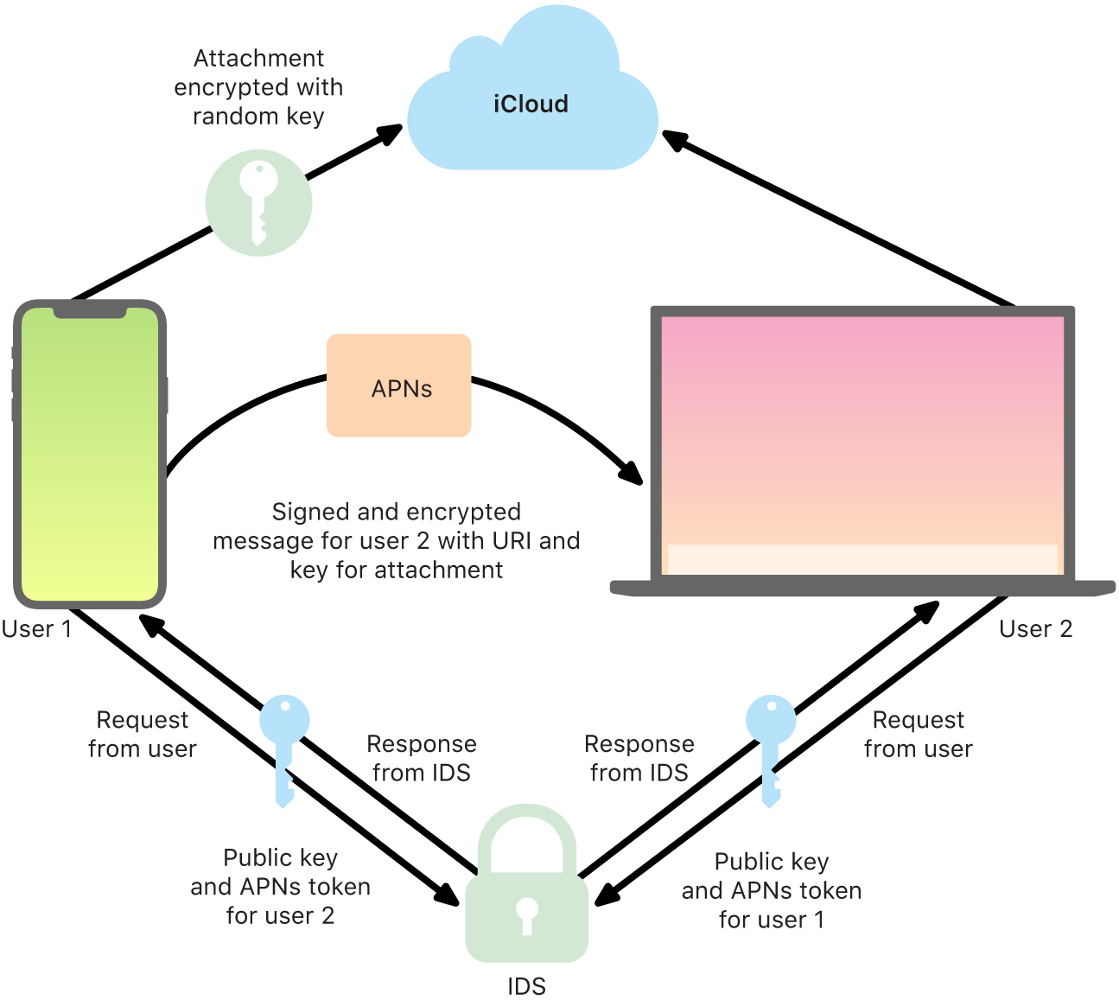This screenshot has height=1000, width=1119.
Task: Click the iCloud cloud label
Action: (x=531, y=105)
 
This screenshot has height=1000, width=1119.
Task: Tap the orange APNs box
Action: (x=399, y=386)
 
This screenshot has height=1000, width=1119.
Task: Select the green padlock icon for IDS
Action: (x=527, y=890)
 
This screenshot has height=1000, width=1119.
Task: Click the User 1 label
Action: (x=36, y=629)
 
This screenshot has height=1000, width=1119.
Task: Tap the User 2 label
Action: (x=1035, y=629)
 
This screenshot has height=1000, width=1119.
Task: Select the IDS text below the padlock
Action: (x=526, y=986)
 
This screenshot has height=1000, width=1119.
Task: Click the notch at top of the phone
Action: (x=90, y=311)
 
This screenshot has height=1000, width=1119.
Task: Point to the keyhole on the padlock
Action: (x=527, y=914)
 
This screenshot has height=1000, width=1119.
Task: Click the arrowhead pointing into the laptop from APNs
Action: (x=633, y=474)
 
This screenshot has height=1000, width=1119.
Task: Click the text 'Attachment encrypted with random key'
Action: (x=258, y=87)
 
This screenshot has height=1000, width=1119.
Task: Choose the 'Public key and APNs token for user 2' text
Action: (x=280, y=887)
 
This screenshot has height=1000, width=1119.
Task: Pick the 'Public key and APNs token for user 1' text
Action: (x=771, y=890)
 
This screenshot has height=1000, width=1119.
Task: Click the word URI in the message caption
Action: (x=512, y=541)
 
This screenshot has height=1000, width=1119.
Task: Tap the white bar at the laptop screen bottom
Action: (x=862, y=558)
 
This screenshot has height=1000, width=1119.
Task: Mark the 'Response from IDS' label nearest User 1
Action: (x=421, y=758)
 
